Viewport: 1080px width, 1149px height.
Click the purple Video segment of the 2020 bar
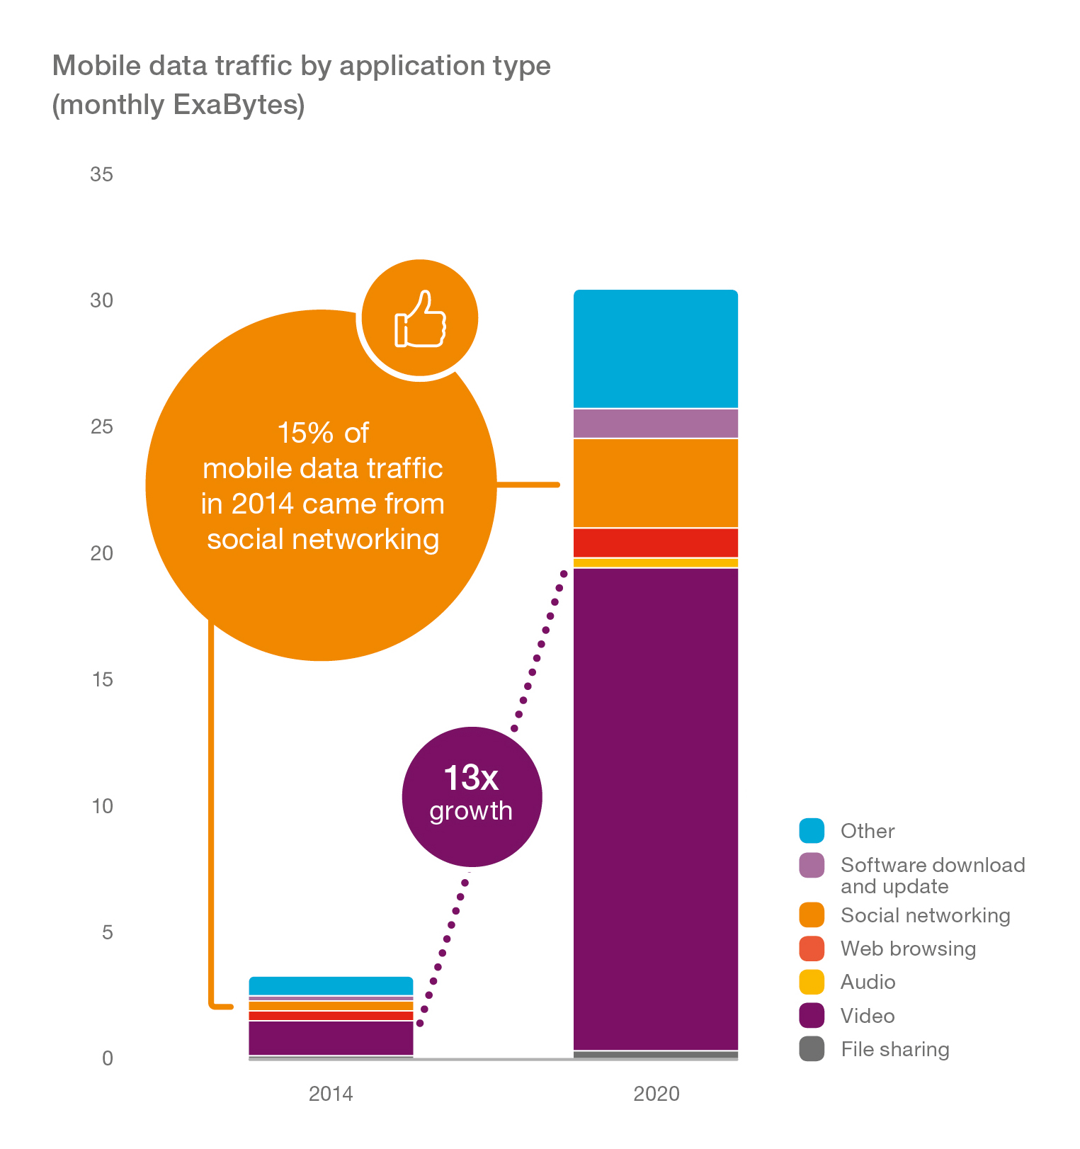click(x=655, y=808)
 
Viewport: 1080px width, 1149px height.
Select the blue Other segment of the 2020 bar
click(x=655, y=349)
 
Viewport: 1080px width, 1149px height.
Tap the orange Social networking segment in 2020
click(x=655, y=483)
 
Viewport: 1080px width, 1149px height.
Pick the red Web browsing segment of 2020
click(x=655, y=543)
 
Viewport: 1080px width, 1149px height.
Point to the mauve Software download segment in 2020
click(x=655, y=424)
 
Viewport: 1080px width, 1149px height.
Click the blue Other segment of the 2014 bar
click(x=331, y=986)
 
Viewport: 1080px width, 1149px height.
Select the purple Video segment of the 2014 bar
click(x=331, y=1038)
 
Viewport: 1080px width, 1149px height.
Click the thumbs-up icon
click(x=420, y=319)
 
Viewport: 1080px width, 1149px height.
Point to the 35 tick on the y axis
click(x=101, y=174)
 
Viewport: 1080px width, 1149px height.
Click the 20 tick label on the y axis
click(x=101, y=553)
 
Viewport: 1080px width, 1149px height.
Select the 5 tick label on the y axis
click(x=107, y=932)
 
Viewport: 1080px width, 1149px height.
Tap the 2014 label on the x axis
click(x=331, y=1094)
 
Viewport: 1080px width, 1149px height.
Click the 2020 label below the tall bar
click(x=656, y=1094)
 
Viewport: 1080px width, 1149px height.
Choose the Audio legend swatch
click(x=812, y=982)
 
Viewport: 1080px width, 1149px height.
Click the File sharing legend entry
click(x=894, y=1049)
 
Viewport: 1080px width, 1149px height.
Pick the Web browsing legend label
click(x=908, y=949)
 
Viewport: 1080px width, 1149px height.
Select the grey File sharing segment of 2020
click(x=655, y=1055)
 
